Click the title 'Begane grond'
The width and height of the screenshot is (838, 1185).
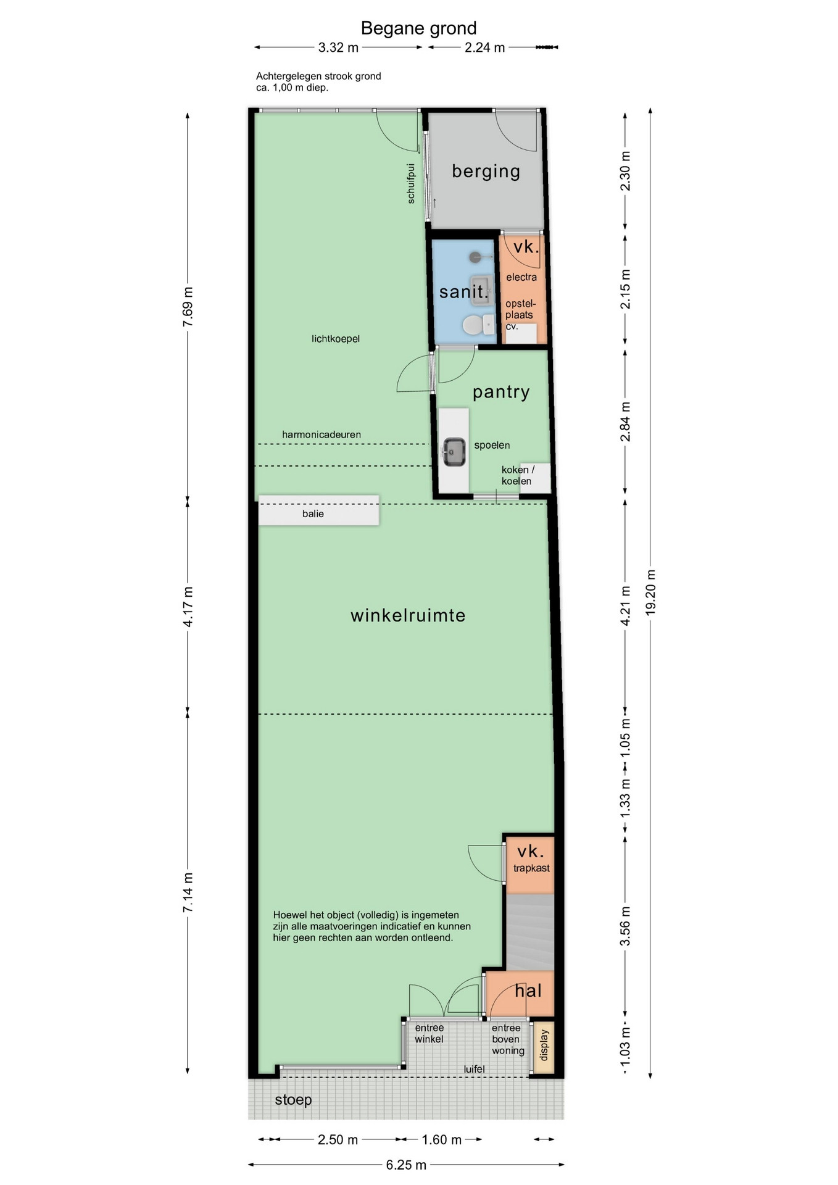click(418, 28)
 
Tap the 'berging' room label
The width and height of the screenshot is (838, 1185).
click(486, 171)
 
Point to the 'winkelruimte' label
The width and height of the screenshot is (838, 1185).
click(408, 615)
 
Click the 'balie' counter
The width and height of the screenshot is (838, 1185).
click(318, 510)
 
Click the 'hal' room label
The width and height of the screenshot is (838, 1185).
click(528, 991)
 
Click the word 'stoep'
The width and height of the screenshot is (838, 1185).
click(293, 1100)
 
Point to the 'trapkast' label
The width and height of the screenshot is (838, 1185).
click(531, 868)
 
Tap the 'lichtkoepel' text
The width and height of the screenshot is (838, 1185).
click(336, 338)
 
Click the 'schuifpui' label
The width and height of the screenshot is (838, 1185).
click(411, 183)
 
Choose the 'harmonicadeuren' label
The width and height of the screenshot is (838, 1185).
click(322, 434)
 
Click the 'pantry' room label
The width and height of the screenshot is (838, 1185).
click(501, 392)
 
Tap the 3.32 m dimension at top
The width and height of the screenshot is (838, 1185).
click(338, 48)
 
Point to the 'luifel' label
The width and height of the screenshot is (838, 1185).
click(475, 1068)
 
